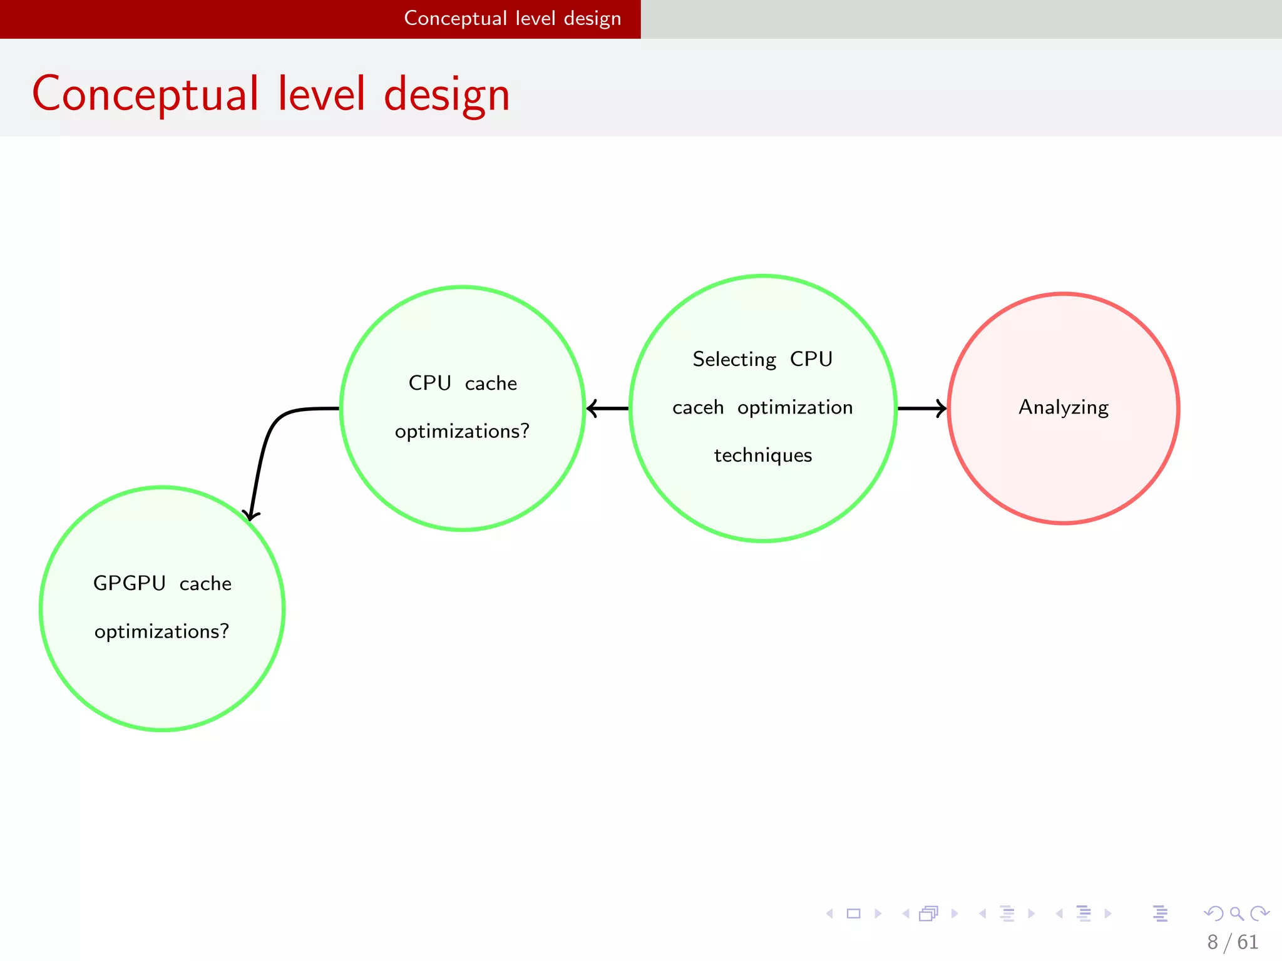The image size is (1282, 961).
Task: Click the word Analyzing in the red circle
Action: point(1063,407)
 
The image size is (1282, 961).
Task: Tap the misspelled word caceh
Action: point(697,407)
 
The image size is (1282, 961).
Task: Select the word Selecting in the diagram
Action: point(734,359)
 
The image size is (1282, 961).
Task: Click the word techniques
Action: point(762,455)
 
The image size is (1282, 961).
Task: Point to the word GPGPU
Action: point(129,583)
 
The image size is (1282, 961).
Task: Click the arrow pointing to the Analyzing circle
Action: point(921,409)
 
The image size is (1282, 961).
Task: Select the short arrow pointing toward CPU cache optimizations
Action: point(607,409)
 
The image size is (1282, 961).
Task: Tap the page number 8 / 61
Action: point(1232,942)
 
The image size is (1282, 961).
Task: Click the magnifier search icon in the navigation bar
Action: point(1236,913)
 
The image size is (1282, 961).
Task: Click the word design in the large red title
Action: point(446,94)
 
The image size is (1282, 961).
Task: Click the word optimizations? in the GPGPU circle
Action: point(162,631)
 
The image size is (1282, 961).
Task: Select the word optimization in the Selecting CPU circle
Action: point(794,407)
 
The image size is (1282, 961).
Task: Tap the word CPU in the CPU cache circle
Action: point(429,383)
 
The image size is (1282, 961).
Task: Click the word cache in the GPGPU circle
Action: point(205,584)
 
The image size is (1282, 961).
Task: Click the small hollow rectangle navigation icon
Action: point(853,913)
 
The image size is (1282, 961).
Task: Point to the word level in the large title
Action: point(321,94)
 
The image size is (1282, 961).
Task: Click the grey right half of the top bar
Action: point(961,19)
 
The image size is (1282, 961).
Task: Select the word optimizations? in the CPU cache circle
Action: point(462,431)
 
